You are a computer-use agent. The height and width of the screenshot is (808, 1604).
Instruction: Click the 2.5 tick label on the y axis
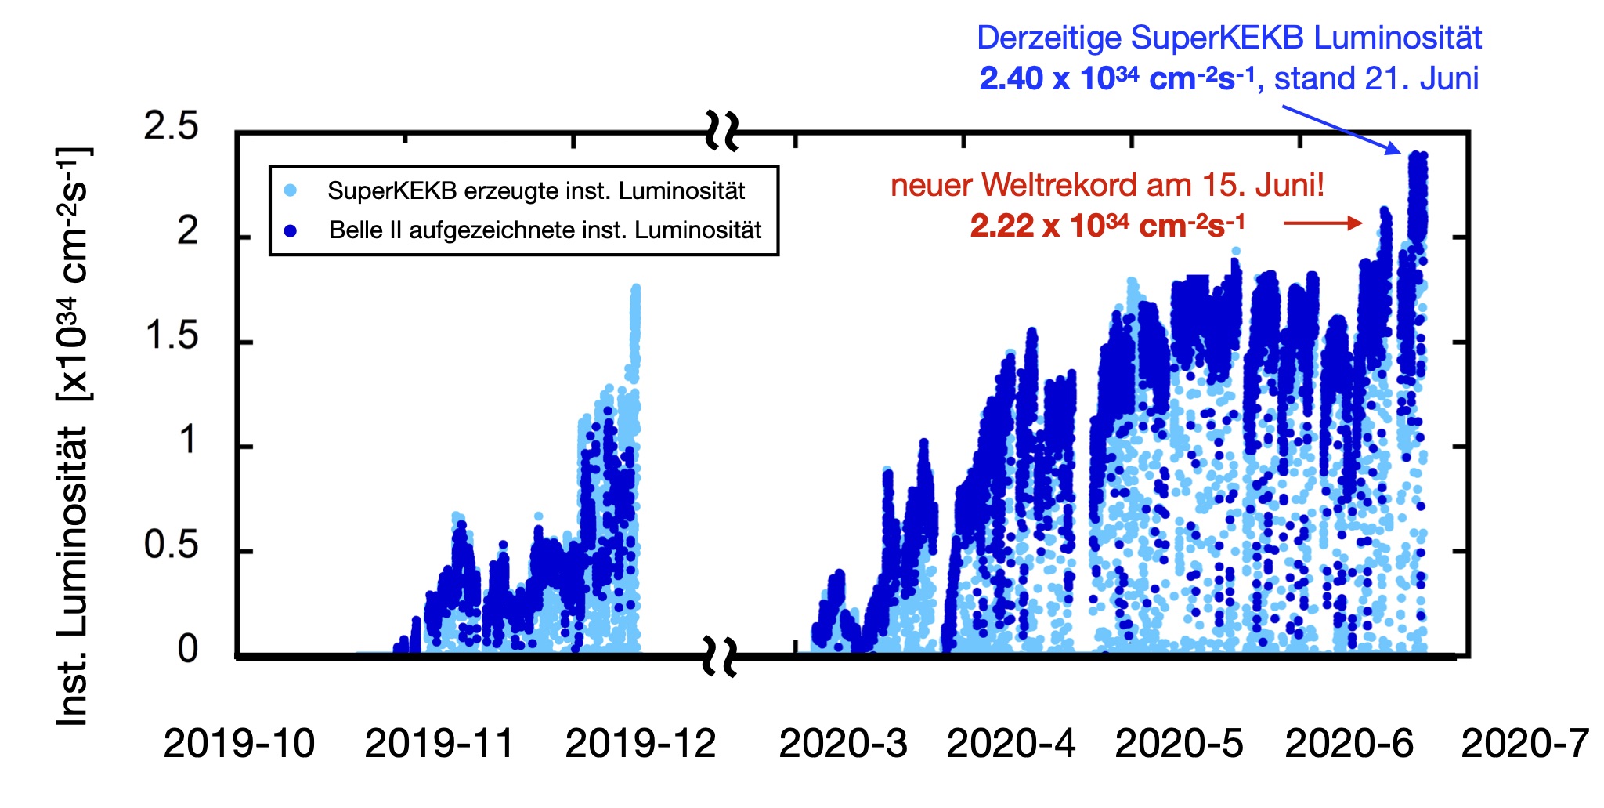(x=171, y=127)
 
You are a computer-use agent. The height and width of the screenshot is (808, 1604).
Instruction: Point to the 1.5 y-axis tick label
(x=171, y=336)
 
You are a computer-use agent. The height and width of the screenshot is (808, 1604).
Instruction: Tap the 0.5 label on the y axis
(x=171, y=545)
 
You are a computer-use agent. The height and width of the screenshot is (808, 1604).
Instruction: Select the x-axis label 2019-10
(x=239, y=744)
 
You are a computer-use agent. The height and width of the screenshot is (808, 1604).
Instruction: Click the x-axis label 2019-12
(x=640, y=744)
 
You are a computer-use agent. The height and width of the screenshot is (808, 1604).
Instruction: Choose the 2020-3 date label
(x=843, y=744)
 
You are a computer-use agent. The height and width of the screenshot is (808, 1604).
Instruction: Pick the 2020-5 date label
(x=1179, y=744)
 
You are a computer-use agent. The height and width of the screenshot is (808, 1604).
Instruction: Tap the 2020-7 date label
(x=1525, y=744)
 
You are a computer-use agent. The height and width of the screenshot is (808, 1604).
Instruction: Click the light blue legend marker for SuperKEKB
(x=291, y=190)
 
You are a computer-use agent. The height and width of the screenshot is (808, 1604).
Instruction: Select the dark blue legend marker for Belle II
(x=291, y=230)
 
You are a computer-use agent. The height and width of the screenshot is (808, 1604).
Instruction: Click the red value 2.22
(x=1002, y=226)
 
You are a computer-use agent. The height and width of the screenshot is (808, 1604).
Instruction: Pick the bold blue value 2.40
(x=1011, y=79)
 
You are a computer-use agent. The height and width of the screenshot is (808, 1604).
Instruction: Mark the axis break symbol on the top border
(x=721, y=131)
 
